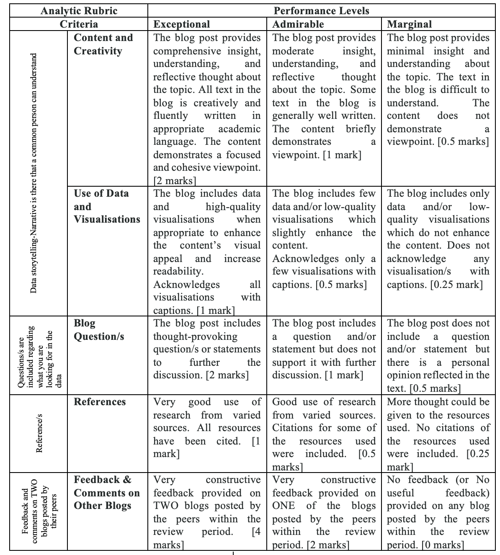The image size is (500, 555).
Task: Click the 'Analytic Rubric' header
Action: click(x=79, y=10)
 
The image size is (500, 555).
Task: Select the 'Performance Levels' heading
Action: click(x=321, y=10)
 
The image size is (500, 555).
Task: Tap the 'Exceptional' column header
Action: click(x=182, y=24)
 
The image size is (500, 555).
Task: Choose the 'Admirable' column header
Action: click(x=298, y=24)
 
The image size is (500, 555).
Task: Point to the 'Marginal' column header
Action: click(x=409, y=24)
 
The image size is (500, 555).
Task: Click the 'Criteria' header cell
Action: click(x=79, y=24)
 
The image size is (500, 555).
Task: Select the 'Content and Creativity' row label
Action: click(x=103, y=44)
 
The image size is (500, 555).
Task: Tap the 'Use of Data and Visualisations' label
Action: click(x=107, y=206)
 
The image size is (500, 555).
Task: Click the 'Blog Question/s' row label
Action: click(x=99, y=330)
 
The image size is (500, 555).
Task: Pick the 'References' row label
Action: click(x=100, y=402)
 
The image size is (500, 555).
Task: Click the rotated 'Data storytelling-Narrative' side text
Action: click(x=34, y=173)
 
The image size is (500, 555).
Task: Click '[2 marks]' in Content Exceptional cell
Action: click(x=175, y=181)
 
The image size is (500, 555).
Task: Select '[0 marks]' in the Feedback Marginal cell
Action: click(x=443, y=545)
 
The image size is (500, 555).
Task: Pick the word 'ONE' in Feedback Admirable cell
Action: click(x=284, y=506)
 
